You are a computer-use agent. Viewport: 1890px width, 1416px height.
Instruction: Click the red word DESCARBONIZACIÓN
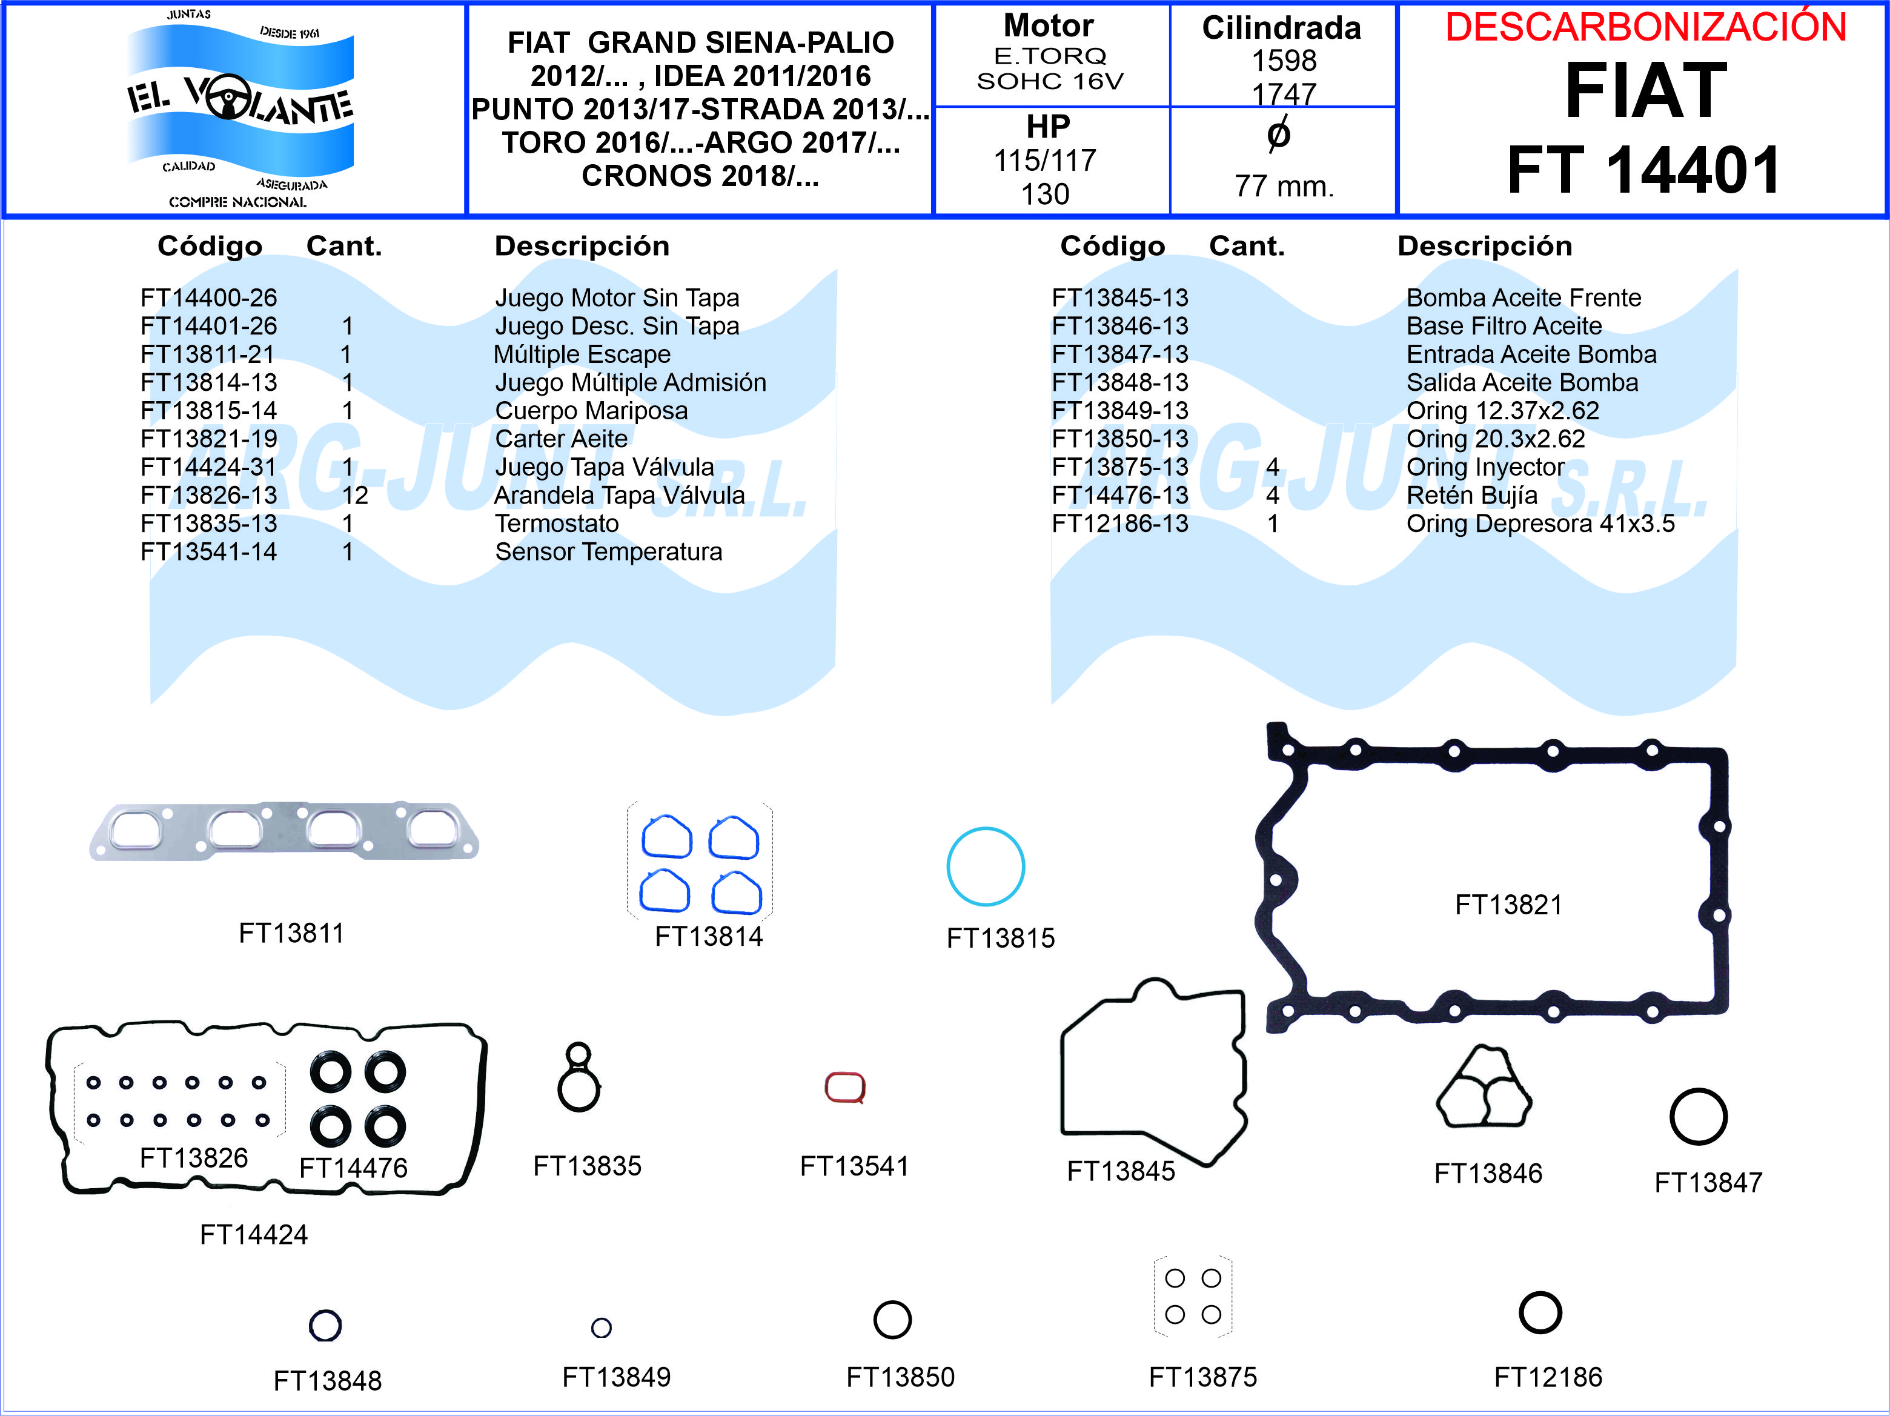coord(1646,27)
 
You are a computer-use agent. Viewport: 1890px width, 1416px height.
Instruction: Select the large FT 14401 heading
coord(1645,170)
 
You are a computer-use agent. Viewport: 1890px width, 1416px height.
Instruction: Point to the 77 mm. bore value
coord(1284,185)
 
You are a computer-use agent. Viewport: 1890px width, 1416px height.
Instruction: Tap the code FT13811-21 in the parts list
coord(208,354)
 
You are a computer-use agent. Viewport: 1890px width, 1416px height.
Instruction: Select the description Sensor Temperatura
coord(608,551)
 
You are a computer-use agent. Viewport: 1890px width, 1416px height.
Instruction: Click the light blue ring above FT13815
coord(985,866)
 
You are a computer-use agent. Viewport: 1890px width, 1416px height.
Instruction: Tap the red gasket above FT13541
coord(845,1087)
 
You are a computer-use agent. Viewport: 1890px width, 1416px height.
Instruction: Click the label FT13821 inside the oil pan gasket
coord(1509,904)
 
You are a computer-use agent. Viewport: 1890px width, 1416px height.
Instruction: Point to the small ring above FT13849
coord(602,1327)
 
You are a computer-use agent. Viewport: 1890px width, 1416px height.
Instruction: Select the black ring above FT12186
coord(1540,1312)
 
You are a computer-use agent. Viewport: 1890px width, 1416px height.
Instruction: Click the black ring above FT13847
coord(1699,1116)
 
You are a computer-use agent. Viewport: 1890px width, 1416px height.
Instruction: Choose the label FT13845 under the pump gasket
coord(1121,1171)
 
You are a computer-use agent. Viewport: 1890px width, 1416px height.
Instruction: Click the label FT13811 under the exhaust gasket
coord(291,932)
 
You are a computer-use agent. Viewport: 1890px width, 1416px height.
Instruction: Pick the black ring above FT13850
coord(893,1320)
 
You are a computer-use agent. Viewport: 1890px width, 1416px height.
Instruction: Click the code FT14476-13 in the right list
coord(1120,495)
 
